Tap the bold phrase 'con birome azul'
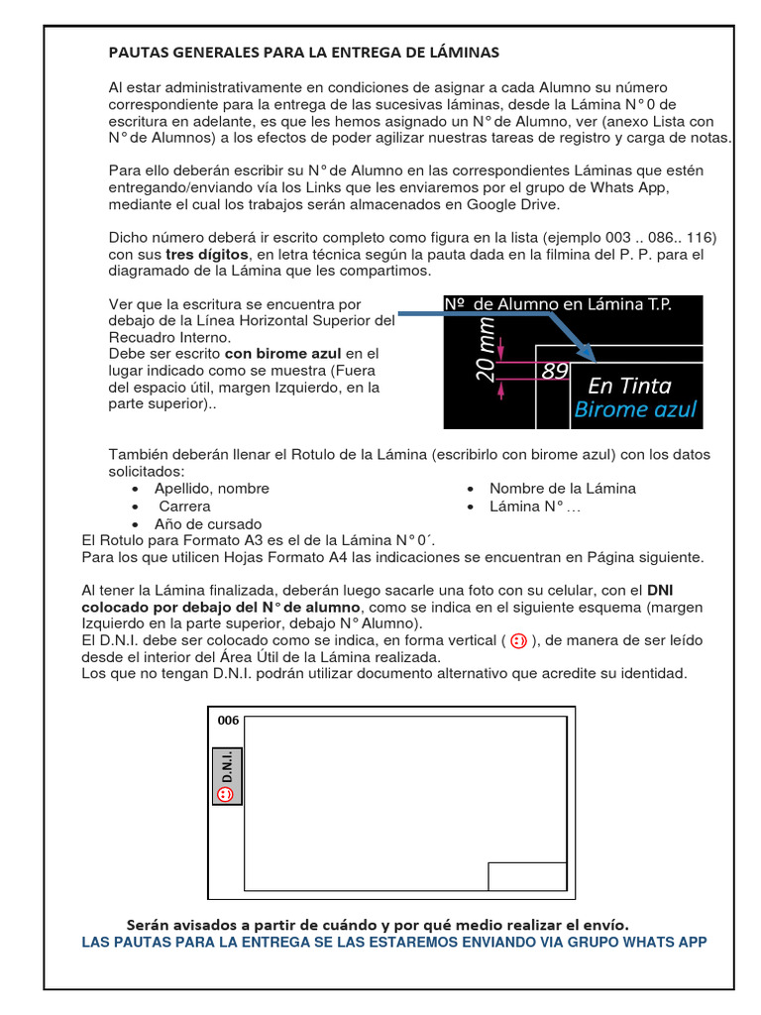click(x=282, y=353)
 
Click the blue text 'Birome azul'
click(x=635, y=409)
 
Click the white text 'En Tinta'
click(x=629, y=385)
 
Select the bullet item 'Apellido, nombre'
click(x=211, y=489)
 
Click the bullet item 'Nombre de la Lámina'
click(x=562, y=489)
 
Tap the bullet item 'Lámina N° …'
click(x=535, y=506)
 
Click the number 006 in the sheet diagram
click(x=228, y=721)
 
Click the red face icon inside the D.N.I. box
click(x=225, y=795)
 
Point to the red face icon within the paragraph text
click(x=518, y=641)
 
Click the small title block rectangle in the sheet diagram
click(x=528, y=876)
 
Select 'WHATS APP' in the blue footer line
click(x=666, y=942)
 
